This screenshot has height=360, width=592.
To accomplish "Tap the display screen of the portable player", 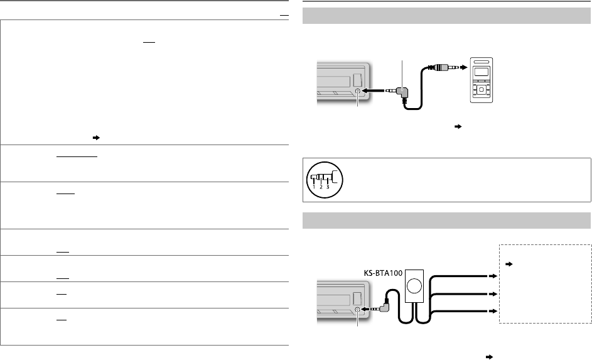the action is coord(482,74).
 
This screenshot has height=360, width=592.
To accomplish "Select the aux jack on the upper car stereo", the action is coord(358,92).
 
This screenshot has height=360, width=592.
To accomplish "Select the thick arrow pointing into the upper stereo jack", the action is coord(375,92).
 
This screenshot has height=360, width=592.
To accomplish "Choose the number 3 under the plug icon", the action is coord(328,187).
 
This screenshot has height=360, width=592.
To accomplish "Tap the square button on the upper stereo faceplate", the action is coord(357,80).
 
